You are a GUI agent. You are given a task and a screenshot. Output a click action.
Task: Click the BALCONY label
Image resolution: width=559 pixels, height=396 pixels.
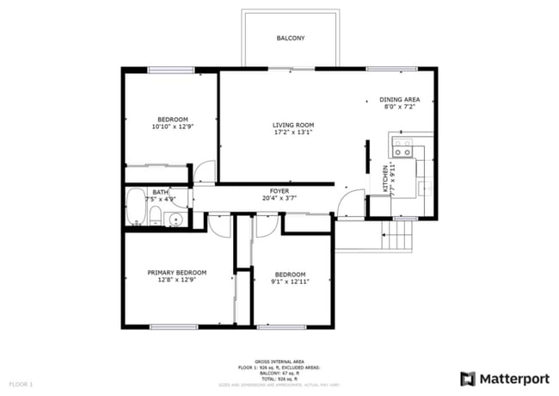(290, 39)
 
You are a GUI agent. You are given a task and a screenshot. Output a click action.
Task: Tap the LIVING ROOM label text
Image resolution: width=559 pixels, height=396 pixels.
(293, 125)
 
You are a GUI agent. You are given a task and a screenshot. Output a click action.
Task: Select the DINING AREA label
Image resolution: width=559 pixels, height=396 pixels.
(400, 100)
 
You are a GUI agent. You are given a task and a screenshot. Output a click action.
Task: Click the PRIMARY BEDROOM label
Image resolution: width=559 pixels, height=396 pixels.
(176, 273)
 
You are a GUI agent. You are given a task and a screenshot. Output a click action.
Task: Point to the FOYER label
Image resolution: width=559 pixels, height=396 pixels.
(279, 190)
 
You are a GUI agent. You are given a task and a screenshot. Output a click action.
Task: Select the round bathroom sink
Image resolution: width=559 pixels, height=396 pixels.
(175, 220)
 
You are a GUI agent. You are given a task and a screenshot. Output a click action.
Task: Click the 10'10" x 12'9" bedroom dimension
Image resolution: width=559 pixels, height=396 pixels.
(173, 127)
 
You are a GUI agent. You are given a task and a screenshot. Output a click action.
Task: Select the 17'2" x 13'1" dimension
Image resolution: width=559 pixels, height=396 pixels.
(293, 133)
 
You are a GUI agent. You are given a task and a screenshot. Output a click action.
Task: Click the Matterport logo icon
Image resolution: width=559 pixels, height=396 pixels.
(468, 378)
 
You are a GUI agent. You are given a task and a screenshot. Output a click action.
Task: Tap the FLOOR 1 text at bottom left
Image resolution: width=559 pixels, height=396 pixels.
(21, 383)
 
